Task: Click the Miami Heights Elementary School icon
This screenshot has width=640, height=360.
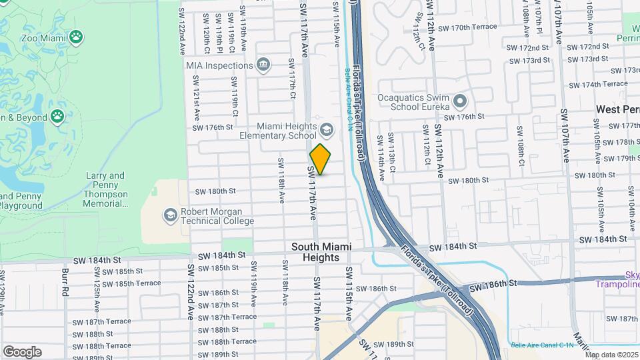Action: [x=326, y=128]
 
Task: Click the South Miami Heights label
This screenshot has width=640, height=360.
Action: [x=316, y=252]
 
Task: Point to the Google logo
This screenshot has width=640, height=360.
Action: [x=22, y=351]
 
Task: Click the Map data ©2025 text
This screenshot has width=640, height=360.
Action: [x=611, y=355]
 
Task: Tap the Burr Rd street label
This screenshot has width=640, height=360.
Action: [x=65, y=283]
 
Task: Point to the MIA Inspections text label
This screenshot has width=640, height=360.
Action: [x=219, y=65]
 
